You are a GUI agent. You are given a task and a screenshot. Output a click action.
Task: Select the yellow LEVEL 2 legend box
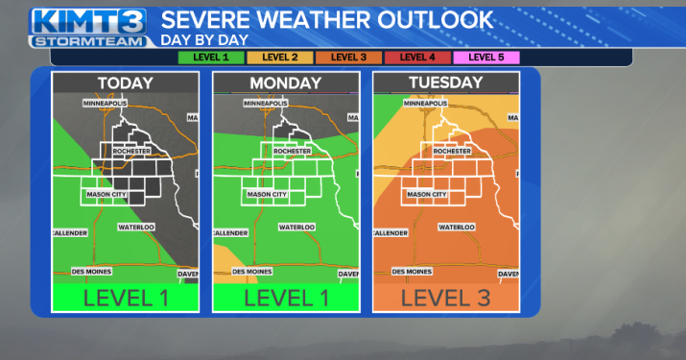[278, 58]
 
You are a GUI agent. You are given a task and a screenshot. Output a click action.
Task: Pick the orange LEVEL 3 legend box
[349, 58]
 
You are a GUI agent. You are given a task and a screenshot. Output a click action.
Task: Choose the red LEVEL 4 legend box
[417, 58]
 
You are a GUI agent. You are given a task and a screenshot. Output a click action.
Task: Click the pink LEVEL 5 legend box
[486, 58]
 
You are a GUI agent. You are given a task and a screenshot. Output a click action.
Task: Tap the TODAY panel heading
[126, 84]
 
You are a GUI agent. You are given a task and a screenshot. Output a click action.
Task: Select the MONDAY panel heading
[286, 84]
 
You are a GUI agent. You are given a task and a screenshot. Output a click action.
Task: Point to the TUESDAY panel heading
[445, 83]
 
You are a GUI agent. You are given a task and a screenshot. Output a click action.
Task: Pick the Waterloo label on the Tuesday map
[457, 227]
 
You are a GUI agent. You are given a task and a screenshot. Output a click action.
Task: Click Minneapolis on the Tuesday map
[428, 102]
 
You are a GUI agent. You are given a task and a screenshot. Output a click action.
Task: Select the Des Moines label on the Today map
[91, 272]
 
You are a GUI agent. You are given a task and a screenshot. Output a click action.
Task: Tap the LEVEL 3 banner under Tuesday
[445, 298]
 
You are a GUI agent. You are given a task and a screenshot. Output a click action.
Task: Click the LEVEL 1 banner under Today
[126, 298]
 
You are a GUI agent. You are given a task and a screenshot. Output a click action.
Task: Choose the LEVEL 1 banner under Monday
[286, 298]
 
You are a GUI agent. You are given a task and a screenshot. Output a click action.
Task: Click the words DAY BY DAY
[204, 39]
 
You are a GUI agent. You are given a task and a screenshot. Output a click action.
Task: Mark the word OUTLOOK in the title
[431, 19]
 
